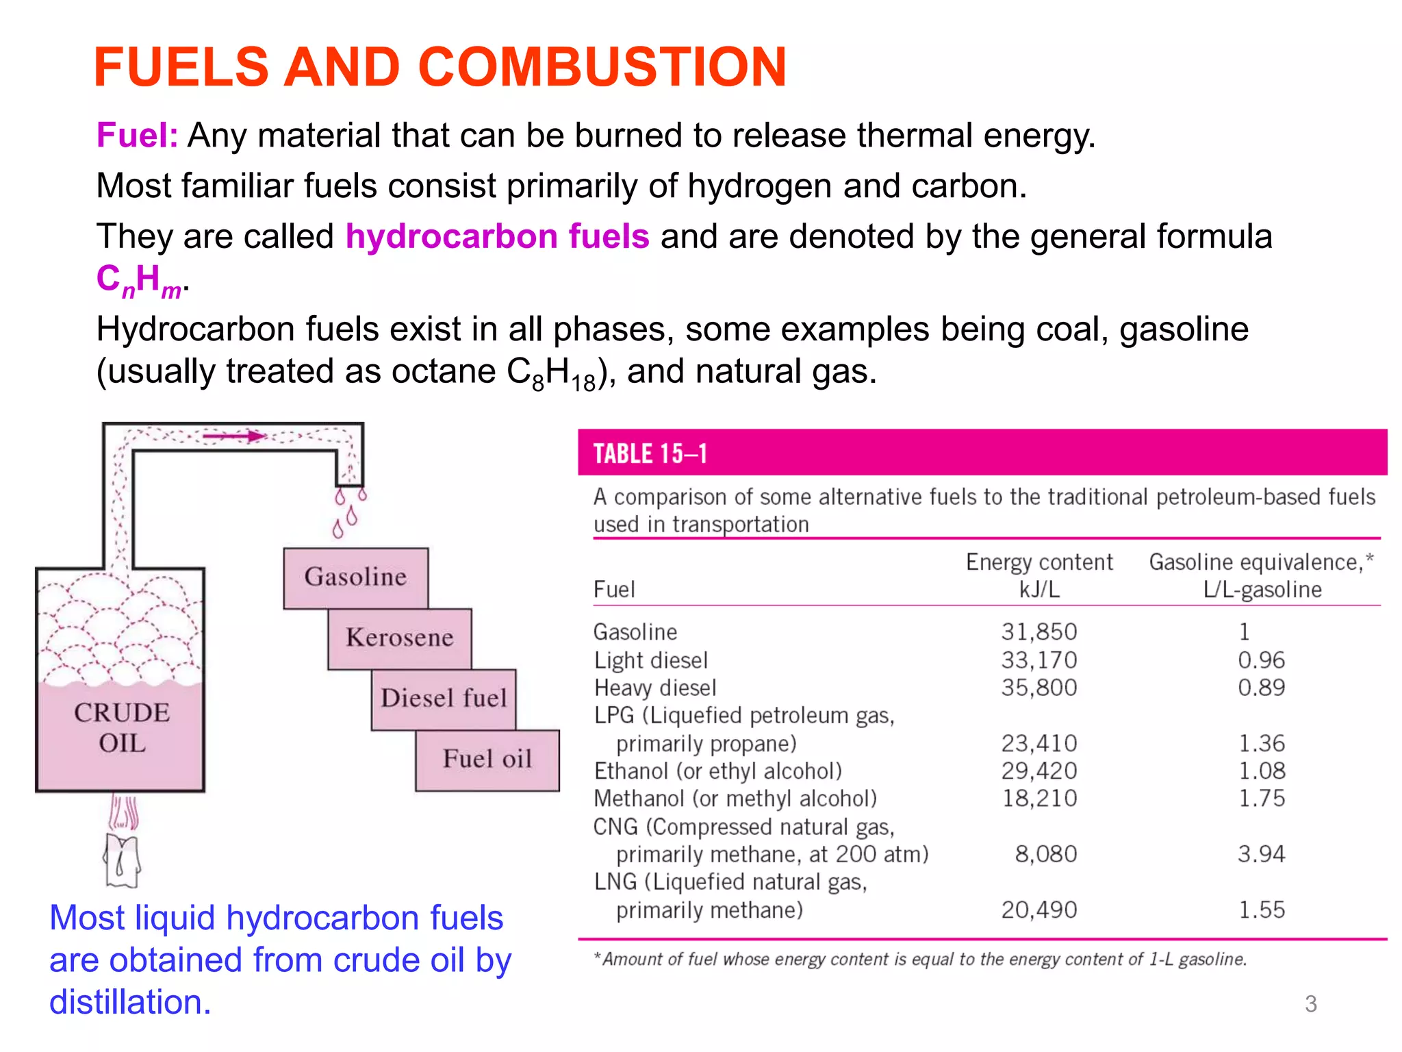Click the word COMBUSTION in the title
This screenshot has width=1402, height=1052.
602,67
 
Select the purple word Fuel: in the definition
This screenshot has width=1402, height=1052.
137,136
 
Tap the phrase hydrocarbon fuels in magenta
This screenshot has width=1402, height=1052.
497,236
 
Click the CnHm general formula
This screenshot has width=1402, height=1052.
139,281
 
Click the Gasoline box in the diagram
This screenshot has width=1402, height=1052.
355,577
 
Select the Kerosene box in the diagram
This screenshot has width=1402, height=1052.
399,638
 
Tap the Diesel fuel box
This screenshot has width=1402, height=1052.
444,699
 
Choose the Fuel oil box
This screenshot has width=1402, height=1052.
487,760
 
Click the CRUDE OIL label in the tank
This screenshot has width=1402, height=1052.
121,727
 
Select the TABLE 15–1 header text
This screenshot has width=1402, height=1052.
650,454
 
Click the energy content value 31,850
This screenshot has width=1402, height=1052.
1038,631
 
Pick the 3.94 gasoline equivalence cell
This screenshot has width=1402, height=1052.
1261,854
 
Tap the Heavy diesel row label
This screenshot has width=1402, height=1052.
654,688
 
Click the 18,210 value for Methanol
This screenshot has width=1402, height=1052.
1038,799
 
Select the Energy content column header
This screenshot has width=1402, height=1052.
1038,562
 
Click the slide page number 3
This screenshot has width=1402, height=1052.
1310,1004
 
